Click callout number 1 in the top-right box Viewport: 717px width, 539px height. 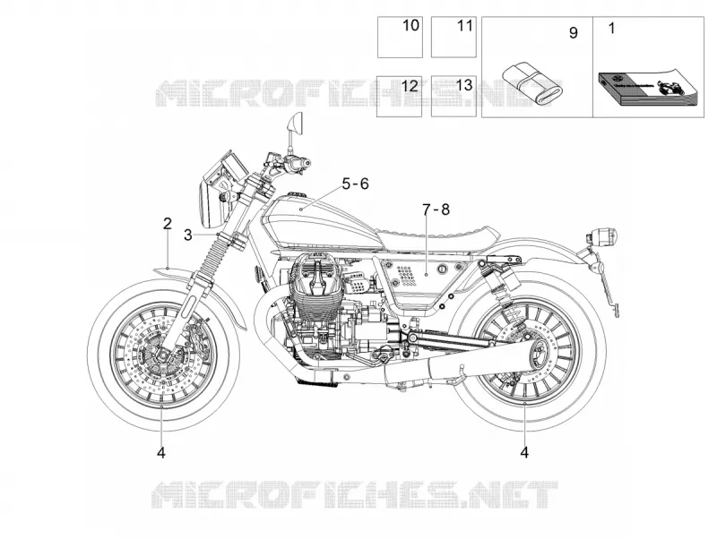612,29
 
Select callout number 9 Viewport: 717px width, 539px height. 573,33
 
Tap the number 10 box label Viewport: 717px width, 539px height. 410,26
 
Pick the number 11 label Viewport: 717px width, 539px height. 465,26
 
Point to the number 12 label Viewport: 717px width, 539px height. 410,85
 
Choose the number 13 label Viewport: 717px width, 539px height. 463,84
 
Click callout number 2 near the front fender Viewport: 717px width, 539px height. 168,224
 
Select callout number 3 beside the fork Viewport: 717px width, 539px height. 188,235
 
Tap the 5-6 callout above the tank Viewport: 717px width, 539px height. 355,184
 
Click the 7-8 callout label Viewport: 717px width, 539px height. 436,210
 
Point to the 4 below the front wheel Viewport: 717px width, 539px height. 161,453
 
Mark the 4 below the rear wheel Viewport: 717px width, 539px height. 524,453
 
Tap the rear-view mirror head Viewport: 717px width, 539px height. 296,124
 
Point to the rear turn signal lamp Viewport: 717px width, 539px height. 602,236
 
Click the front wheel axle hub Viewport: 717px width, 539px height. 162,355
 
